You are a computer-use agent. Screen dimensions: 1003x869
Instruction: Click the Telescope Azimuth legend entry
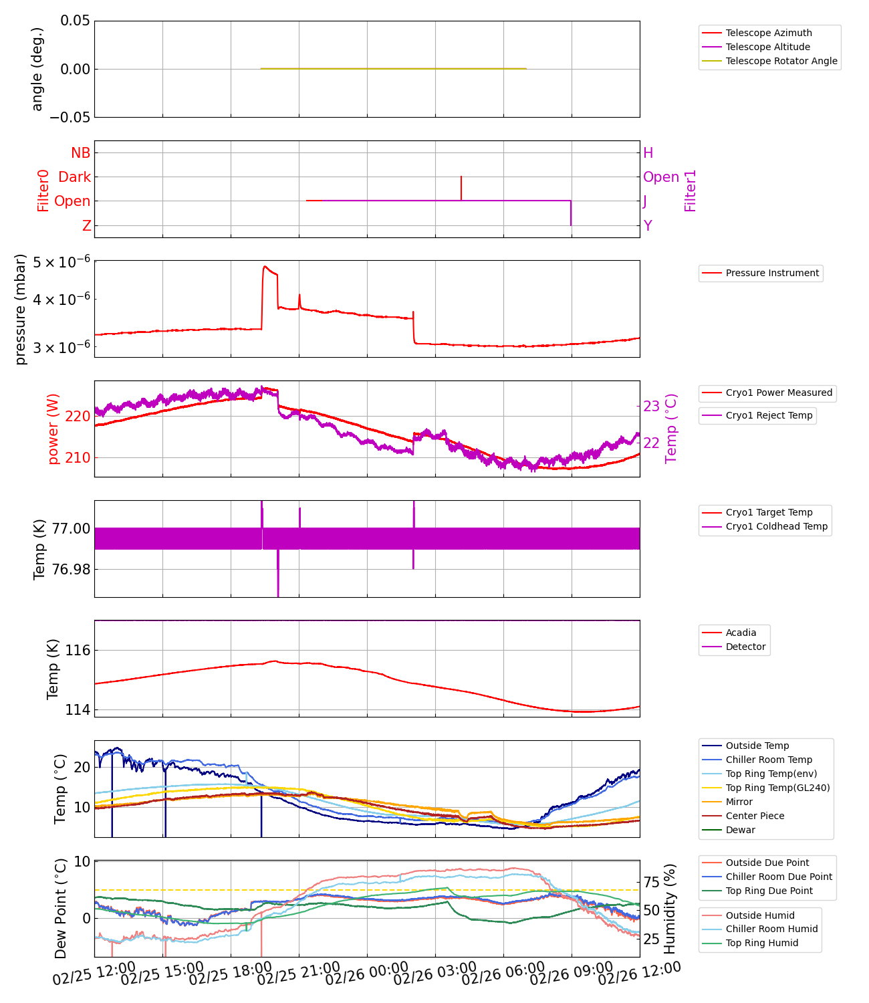pyautogui.click(x=769, y=33)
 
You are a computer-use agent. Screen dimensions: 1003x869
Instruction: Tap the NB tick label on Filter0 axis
pyautogui.click(x=80, y=153)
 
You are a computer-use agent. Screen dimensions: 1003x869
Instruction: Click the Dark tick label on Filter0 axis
pyautogui.click(x=74, y=177)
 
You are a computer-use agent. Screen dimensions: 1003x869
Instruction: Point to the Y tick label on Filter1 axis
pyautogui.click(x=647, y=226)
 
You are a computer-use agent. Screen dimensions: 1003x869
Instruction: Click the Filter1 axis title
pyautogui.click(x=691, y=191)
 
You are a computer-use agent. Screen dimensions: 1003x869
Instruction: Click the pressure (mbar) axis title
pyautogui.click(x=21, y=309)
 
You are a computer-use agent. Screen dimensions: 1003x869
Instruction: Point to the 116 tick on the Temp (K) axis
pyautogui.click(x=78, y=651)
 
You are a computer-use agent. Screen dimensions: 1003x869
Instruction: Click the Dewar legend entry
pyautogui.click(x=740, y=830)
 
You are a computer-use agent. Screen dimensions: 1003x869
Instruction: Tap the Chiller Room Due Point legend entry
pyautogui.click(x=779, y=877)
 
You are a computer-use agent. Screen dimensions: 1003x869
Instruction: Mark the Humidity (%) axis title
pyautogui.click(x=670, y=908)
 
